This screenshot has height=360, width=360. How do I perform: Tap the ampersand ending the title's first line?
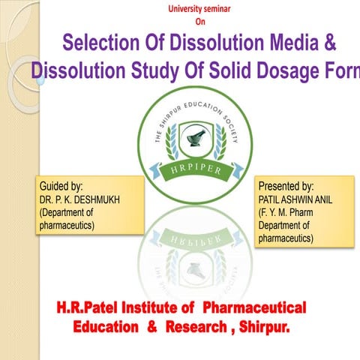click(328, 43)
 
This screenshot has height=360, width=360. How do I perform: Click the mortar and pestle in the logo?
click(198, 138)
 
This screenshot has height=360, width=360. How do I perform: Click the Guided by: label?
click(61, 184)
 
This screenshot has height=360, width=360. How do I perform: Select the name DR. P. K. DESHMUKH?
click(78, 199)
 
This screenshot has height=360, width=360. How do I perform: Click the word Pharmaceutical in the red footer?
click(255, 307)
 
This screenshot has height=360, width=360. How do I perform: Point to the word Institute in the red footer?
click(157, 307)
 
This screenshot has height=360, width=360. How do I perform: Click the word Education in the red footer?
click(105, 328)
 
